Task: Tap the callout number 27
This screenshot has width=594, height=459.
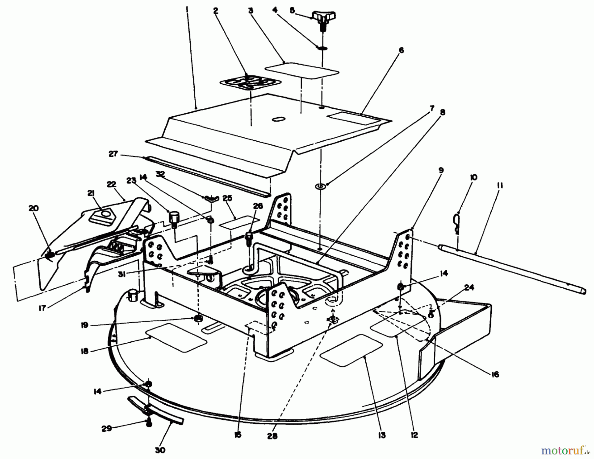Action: [x=113, y=154]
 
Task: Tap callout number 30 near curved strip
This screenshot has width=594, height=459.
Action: [x=160, y=450]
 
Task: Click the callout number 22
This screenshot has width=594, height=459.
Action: [x=112, y=184]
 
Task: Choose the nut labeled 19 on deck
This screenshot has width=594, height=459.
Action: [x=199, y=318]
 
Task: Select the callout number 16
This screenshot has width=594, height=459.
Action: [x=495, y=374]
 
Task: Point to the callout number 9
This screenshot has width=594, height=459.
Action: [x=441, y=170]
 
